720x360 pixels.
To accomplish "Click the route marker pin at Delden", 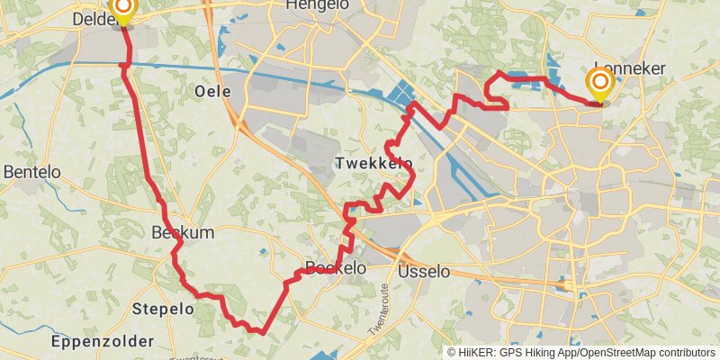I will point(122,10).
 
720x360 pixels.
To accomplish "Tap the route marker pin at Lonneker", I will point(600,85).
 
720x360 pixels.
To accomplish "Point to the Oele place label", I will point(212,92).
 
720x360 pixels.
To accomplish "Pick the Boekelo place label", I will point(336,267).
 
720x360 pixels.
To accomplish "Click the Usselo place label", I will point(421,271).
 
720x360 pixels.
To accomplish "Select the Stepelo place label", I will point(163,309).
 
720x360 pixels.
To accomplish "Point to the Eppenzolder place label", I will point(102,341).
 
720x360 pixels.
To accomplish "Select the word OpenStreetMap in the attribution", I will point(617,353).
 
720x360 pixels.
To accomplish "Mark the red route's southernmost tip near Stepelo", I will point(261,332).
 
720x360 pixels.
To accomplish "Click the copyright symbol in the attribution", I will point(452,353).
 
